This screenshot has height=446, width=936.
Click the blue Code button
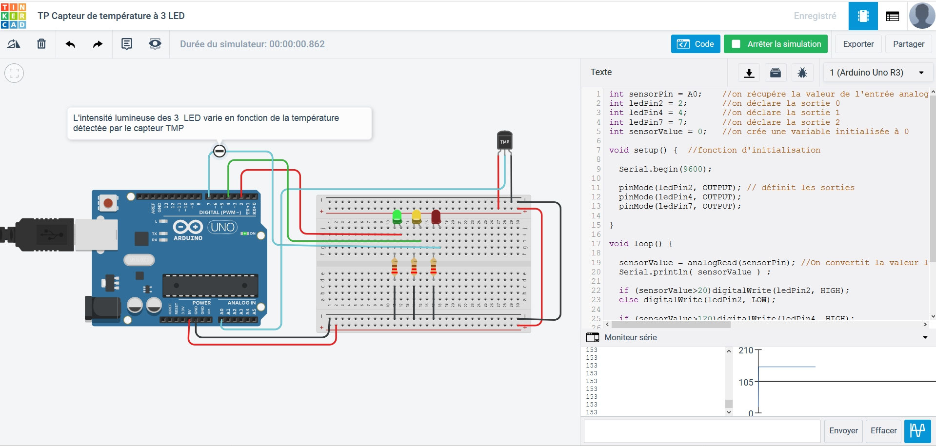(695, 44)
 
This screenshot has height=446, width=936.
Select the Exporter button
(858, 44)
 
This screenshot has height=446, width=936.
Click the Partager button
(908, 44)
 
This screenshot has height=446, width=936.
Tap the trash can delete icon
(41, 44)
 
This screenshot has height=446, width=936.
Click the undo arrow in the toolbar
(70, 44)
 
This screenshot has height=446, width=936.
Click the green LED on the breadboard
(397, 216)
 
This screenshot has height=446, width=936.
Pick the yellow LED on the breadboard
(416, 216)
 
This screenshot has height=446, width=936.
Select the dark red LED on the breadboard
(436, 216)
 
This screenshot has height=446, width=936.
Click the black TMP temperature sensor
(504, 140)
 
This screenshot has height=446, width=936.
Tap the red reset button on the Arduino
(108, 203)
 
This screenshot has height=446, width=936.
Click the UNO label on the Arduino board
(222, 227)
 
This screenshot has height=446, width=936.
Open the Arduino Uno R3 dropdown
(876, 73)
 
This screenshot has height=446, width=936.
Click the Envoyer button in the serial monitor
(843, 430)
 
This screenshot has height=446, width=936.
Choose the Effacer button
(883, 430)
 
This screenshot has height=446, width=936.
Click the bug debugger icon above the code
(802, 73)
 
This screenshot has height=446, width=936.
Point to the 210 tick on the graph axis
(746, 350)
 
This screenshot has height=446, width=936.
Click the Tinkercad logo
(14, 16)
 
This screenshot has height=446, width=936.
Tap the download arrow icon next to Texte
(749, 73)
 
